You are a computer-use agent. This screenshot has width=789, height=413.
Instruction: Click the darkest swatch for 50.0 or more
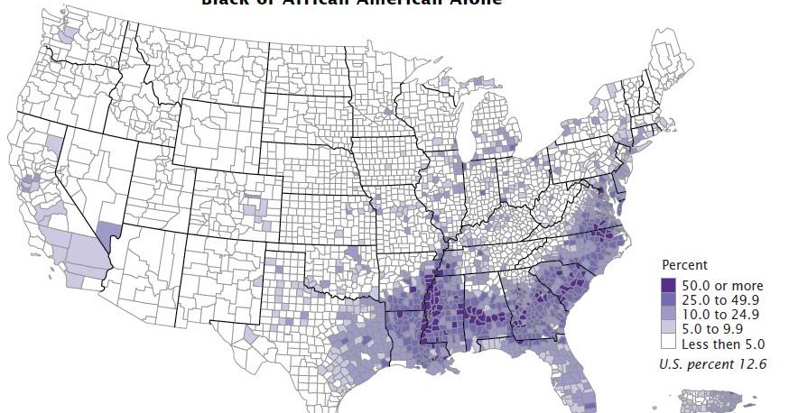click(x=670, y=286)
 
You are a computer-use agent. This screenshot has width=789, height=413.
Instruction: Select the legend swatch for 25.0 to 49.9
click(x=670, y=300)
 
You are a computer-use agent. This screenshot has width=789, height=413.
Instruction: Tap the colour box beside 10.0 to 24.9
click(x=670, y=315)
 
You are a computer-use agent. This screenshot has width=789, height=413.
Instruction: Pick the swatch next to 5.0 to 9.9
click(x=670, y=328)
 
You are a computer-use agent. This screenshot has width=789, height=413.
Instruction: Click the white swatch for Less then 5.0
click(x=670, y=343)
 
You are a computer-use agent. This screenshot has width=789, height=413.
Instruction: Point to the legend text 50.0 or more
click(x=722, y=286)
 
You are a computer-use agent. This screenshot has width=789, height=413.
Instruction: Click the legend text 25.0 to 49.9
click(x=721, y=300)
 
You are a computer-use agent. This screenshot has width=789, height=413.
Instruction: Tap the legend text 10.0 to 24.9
click(x=721, y=315)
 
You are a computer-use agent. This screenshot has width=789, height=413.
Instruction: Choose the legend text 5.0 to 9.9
click(x=717, y=328)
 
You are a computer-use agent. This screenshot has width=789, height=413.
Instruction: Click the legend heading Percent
click(x=684, y=265)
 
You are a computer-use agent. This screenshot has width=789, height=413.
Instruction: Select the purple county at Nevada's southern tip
click(x=107, y=236)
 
